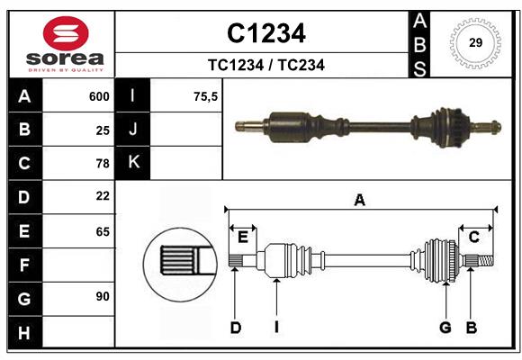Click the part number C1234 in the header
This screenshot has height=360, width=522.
[265, 33]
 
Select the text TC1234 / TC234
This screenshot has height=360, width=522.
[265, 65]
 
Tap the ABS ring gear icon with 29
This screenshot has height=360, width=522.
[475, 42]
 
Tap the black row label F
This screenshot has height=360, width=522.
[24, 265]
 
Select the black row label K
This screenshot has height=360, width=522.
[133, 163]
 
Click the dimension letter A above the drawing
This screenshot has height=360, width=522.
[360, 201]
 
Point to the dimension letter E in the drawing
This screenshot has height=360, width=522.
[243, 237]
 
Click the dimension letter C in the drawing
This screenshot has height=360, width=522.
[473, 237]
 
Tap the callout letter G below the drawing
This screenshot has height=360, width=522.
[445, 328]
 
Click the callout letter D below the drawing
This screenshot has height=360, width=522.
[235, 328]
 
